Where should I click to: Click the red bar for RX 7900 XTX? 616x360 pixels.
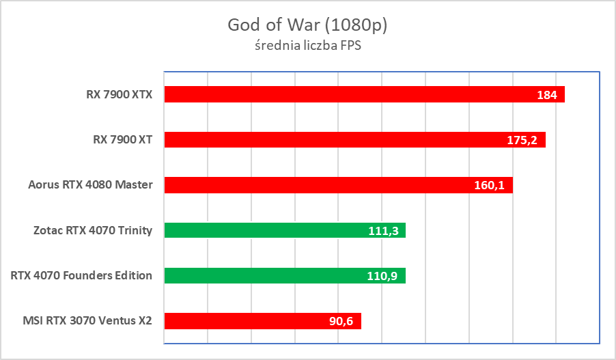(341, 95)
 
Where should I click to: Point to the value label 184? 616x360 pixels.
(547, 95)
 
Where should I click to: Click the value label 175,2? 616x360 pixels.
(523, 140)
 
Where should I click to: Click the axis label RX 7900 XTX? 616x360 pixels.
(115, 94)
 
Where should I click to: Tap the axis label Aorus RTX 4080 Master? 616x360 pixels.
(90, 185)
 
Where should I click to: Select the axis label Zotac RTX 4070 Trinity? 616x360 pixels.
(92, 230)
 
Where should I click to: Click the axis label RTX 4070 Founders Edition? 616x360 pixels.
(81, 276)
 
